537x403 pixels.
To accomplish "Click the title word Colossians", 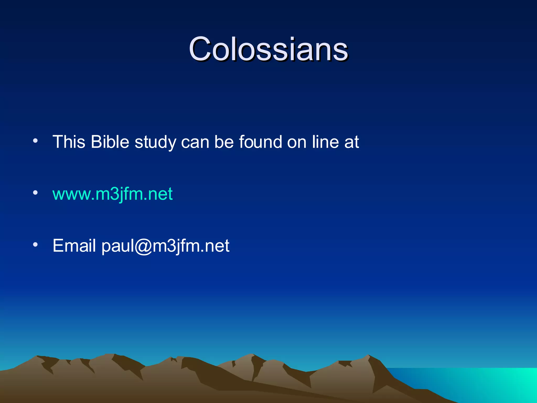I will tap(268, 49).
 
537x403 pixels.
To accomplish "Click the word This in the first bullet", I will tap(69, 142).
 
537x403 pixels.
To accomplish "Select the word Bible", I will tap(110, 142).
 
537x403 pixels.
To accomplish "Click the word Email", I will tap(74, 246).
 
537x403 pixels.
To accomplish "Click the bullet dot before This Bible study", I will tap(35, 141).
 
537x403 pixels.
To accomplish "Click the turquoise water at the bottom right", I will tap(485, 383).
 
